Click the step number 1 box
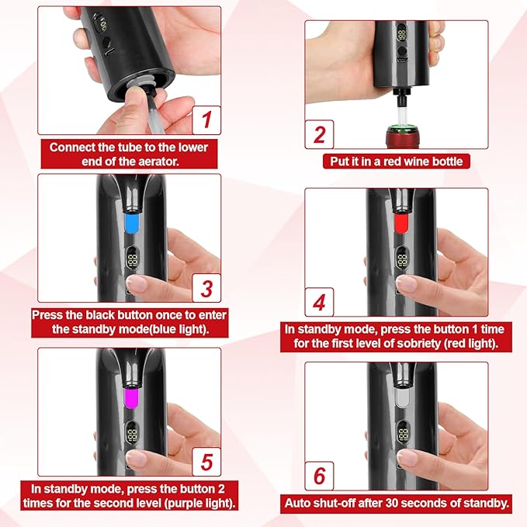(206, 120)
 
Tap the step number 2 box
(319, 134)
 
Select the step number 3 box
(206, 288)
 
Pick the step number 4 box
(319, 302)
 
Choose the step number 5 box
(206, 462)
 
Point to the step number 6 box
(319, 476)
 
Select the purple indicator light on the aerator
(132, 397)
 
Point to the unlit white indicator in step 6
(401, 397)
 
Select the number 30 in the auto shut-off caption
(392, 503)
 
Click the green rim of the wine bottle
(402, 128)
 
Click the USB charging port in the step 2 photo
(402, 61)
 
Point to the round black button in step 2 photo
(402, 51)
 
